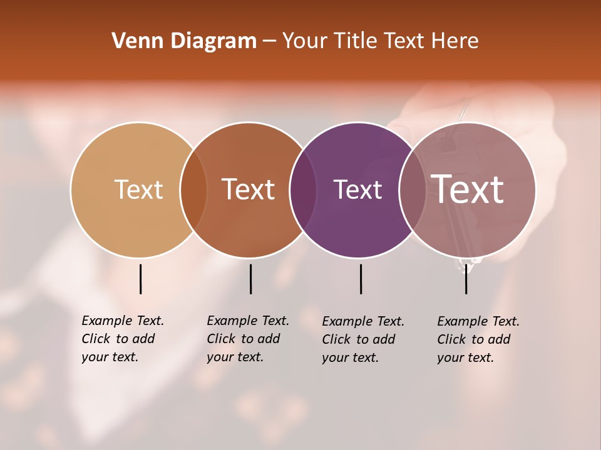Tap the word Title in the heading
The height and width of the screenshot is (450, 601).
point(354,41)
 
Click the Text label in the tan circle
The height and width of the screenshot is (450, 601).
point(138,189)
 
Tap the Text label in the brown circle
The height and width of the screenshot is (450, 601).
point(248,189)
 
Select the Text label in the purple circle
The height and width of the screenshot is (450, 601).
point(357,189)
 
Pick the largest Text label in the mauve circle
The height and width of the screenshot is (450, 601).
point(467,189)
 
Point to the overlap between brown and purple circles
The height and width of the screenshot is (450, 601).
point(303,190)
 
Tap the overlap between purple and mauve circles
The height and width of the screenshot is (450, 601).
point(412,190)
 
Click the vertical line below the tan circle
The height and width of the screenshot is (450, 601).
point(141,279)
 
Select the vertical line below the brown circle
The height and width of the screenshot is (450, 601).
point(250,279)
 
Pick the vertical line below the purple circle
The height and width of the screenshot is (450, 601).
point(361,279)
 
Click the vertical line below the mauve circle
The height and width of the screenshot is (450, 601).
point(466,279)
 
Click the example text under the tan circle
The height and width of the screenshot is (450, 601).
point(123,339)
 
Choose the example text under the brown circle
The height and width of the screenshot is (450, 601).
point(248,339)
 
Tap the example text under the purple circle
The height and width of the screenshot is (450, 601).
point(363,339)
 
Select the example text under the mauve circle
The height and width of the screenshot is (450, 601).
point(478,339)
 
